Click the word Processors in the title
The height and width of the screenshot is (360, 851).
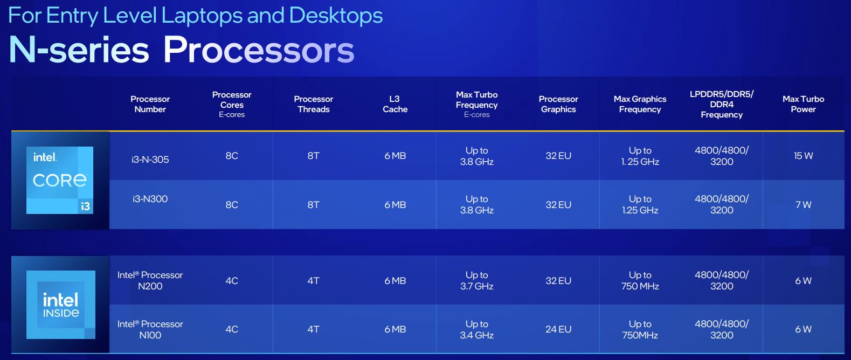258,50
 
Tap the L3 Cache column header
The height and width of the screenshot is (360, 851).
395,104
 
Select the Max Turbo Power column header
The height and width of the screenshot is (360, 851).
803,104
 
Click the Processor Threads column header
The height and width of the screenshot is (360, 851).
314,104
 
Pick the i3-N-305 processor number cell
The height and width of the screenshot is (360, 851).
150,160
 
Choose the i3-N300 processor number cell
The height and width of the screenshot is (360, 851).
150,199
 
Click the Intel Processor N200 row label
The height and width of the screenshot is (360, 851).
150,280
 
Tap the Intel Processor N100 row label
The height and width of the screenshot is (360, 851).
150,329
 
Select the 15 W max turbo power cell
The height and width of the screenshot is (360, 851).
803,156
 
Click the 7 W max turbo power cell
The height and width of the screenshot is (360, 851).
803,205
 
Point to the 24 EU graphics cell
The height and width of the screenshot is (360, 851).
558,329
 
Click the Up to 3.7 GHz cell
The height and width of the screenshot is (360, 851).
476,280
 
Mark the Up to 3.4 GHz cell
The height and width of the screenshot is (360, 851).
476,329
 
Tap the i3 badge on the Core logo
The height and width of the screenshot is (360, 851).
86,206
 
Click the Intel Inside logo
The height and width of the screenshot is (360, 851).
60,304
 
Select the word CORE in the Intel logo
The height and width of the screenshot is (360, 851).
60,181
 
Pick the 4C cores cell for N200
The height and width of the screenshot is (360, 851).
232,281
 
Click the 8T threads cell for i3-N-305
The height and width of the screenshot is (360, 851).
314,156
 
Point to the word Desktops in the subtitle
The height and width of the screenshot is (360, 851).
336,16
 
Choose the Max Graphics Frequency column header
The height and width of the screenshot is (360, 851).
640,104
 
